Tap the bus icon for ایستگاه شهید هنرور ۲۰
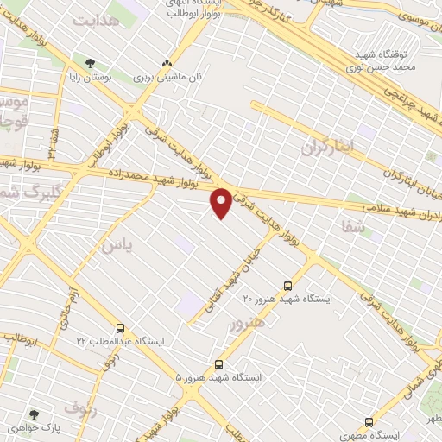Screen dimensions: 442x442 coord(287,285)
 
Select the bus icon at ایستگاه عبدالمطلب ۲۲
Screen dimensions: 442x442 coord(120,328)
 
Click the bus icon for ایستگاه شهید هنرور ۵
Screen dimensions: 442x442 coord(218,364)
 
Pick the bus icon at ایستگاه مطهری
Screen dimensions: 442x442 coord(369,422)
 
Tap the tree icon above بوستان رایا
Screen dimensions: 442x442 coord(91,62)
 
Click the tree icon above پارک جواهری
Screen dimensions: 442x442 coord(35,415)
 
